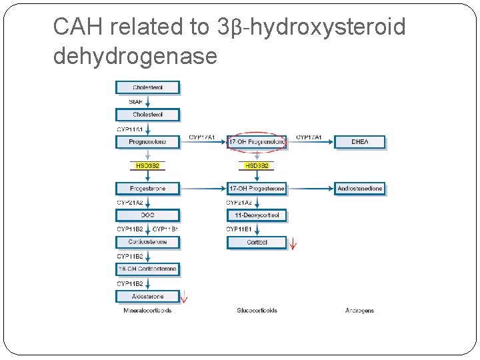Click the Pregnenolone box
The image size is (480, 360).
pyautogui.click(x=148, y=141)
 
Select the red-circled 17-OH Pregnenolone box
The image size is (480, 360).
pyautogui.click(x=257, y=141)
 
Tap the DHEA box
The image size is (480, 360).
pyautogui.click(x=359, y=141)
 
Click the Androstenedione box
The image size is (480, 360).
pyautogui.click(x=359, y=189)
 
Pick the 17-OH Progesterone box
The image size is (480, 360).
pyautogui.click(x=257, y=189)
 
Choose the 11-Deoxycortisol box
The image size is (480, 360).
pyautogui.click(x=257, y=215)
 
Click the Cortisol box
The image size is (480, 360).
pyautogui.click(x=257, y=243)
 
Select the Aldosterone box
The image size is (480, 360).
pyautogui.click(x=148, y=296)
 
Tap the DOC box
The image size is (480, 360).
pyautogui.click(x=148, y=215)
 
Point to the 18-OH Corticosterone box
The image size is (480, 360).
pyautogui.click(x=148, y=269)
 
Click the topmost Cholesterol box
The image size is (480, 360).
pyautogui.click(x=148, y=87)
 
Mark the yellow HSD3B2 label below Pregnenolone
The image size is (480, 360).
pyautogui.click(x=148, y=165)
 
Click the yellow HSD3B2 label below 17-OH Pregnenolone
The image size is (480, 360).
pyautogui.click(x=257, y=165)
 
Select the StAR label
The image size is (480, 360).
pyautogui.click(x=135, y=101)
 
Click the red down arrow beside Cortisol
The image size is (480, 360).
pyautogui.click(x=292, y=243)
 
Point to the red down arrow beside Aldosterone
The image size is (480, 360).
pyautogui.click(x=185, y=298)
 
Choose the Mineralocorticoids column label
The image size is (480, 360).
pyautogui.click(x=147, y=311)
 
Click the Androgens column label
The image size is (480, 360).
pyautogui.click(x=359, y=311)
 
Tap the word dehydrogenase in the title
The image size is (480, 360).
pyautogui.click(x=135, y=56)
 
